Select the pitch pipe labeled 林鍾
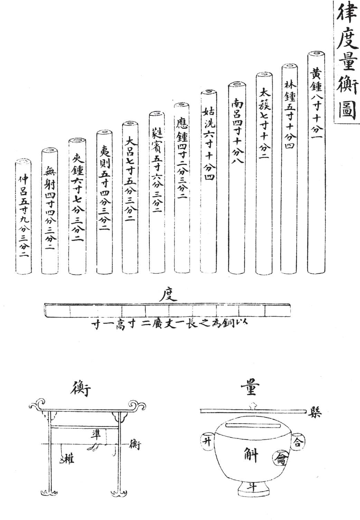click(x=290, y=166)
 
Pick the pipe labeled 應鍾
click(x=182, y=187)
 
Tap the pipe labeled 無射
click(x=50, y=211)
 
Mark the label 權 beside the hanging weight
click(x=69, y=459)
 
